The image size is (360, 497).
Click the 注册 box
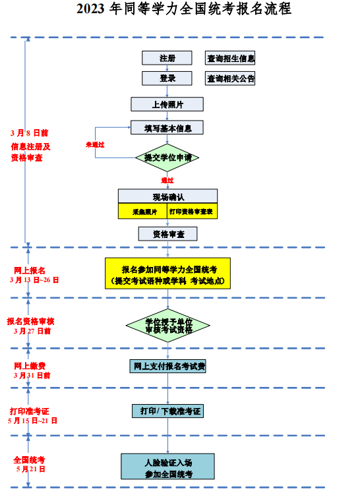[x=167, y=58]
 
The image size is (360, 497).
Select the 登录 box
[x=167, y=78]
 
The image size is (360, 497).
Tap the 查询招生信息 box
[x=230, y=58]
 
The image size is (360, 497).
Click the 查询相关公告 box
[x=230, y=78]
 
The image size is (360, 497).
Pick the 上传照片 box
[x=167, y=104]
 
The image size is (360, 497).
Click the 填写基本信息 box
[x=167, y=127]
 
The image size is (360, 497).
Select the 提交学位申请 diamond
[x=167, y=158]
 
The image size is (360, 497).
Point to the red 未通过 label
[x=95, y=144]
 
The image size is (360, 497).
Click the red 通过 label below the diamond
[x=167, y=180]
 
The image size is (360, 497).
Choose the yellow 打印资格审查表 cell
[x=191, y=212]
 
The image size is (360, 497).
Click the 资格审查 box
[x=167, y=234]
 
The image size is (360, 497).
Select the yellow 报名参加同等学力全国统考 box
[x=167, y=274]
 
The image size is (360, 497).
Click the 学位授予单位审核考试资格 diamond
[x=167, y=325]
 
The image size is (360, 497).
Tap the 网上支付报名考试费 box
[x=168, y=366]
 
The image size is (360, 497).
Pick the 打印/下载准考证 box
[x=167, y=411]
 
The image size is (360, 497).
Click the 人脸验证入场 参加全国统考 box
[x=167, y=466]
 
